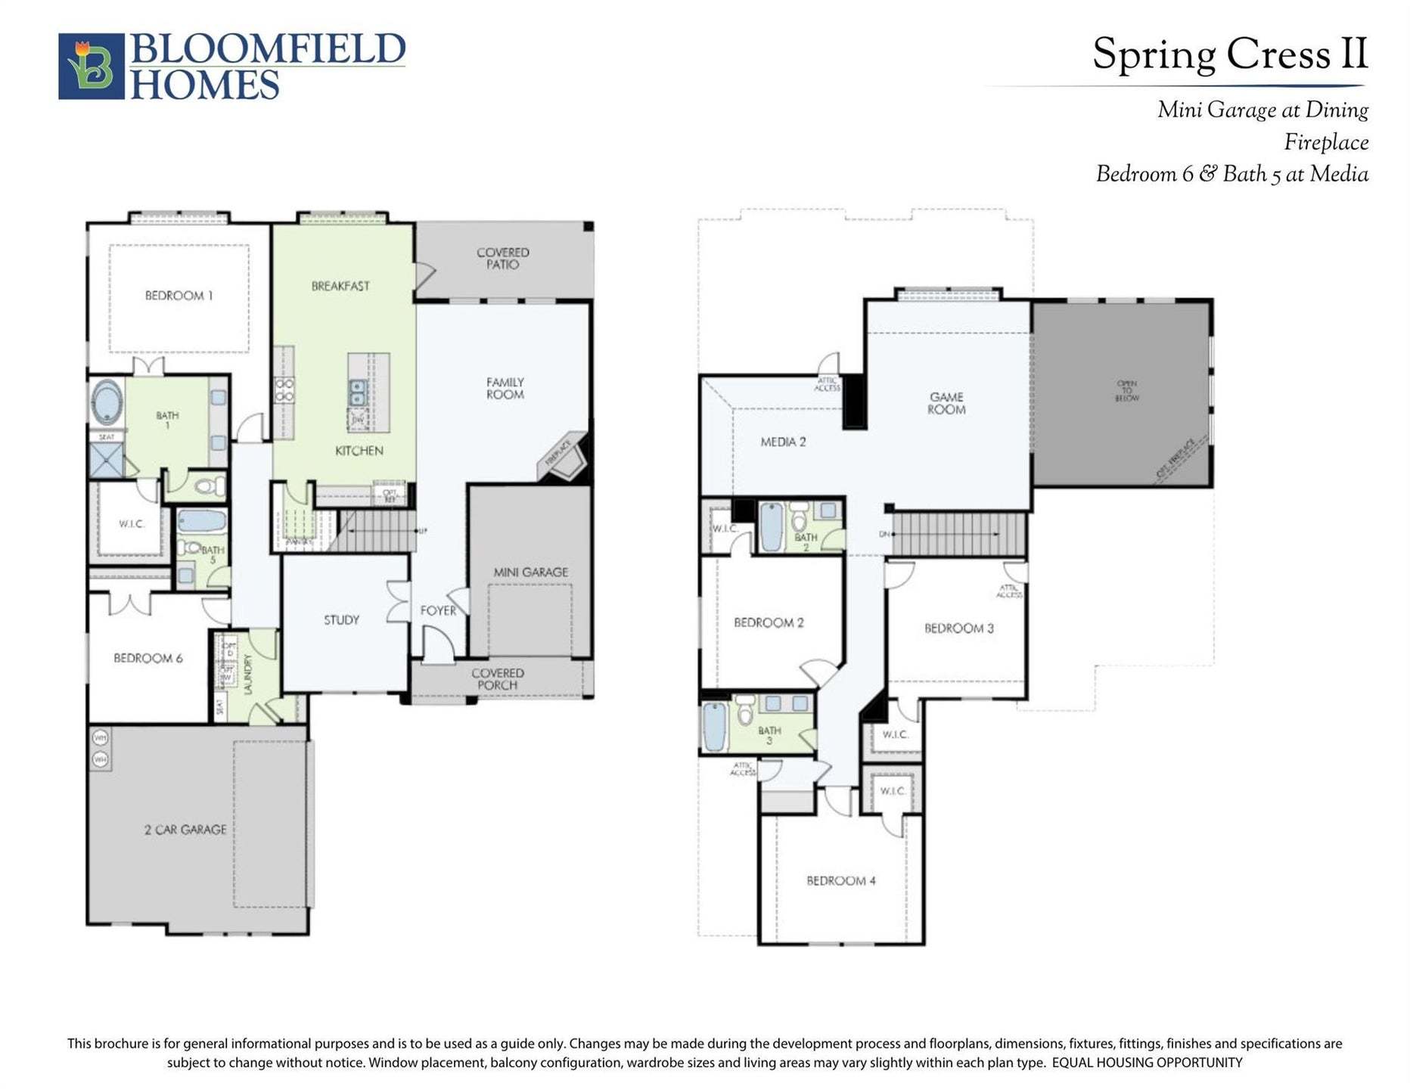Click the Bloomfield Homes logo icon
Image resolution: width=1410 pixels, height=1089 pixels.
coord(91,66)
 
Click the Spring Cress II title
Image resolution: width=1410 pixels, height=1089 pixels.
coord(1230,54)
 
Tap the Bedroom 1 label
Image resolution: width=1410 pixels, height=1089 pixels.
coord(179,296)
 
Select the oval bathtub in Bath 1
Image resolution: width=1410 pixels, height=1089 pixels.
coord(107,402)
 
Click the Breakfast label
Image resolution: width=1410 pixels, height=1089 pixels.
coord(340,286)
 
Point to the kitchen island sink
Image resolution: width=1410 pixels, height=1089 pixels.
coord(357,393)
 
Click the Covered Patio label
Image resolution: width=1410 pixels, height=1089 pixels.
coord(503,259)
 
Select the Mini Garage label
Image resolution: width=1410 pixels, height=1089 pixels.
coord(530,572)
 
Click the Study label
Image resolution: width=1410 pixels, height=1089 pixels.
coord(341,620)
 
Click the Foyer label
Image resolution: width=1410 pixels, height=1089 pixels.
coord(438,610)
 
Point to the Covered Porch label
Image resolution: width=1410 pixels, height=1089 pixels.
coord(497,679)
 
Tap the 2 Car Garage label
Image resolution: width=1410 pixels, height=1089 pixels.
coord(185,830)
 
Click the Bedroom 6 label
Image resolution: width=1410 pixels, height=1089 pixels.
coord(148,658)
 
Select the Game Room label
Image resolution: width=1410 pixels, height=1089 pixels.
coord(946,403)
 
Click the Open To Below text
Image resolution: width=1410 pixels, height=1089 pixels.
coord(1126,391)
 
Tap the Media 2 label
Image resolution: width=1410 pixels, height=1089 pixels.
coord(783,442)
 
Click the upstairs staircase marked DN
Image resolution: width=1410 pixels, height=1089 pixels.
coord(958,534)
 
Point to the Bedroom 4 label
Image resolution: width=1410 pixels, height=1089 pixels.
coord(841,880)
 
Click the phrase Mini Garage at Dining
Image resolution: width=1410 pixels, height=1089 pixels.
coord(1262,110)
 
